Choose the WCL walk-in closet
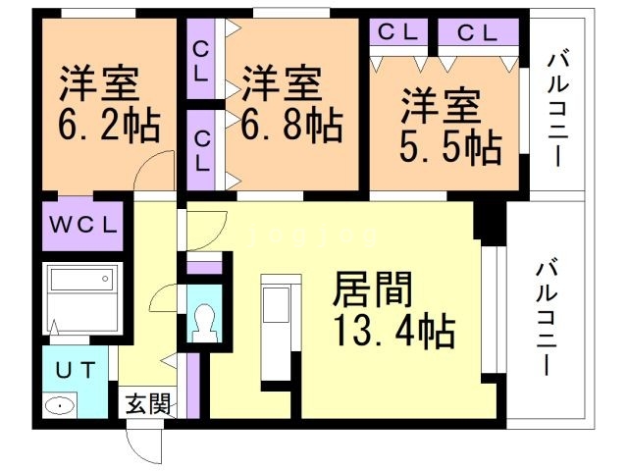pos(83,224)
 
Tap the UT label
pos(74,370)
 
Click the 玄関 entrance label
pos(146,403)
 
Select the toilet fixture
pos(205,320)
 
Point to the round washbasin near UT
pos(60,404)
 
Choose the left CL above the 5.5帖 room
pos(398,31)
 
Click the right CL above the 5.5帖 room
pos(477,31)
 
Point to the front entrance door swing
pos(147,446)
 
